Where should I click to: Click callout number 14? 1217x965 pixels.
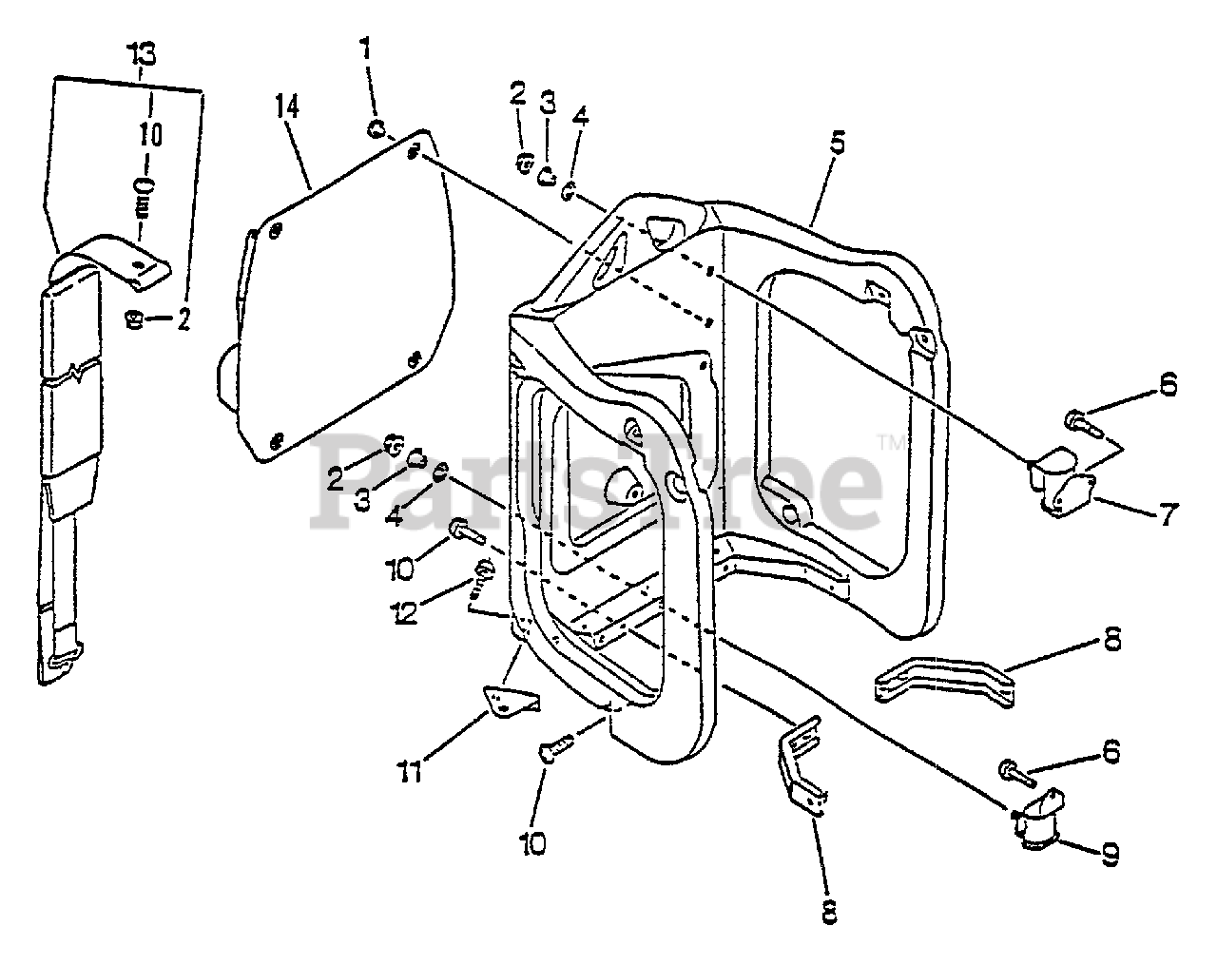click(287, 106)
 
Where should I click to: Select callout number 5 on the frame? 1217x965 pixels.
click(837, 145)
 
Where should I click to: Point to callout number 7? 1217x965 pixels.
click(1169, 516)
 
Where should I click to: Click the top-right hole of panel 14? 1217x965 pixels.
click(414, 152)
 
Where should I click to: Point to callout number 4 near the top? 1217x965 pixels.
click(580, 116)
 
